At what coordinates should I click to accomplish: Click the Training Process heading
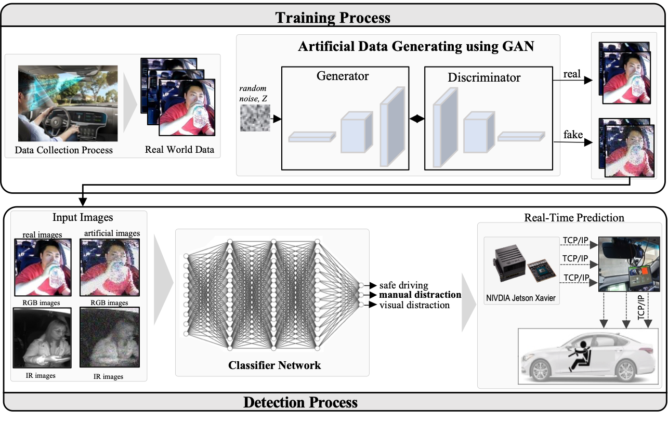point(333,17)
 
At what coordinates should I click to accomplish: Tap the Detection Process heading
point(300,402)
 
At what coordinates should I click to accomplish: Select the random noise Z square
point(255,117)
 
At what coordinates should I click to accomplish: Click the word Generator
point(343,76)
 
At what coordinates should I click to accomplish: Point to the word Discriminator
point(484,78)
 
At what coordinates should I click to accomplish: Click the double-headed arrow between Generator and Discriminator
point(417,119)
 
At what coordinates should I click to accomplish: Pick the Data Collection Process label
point(64,150)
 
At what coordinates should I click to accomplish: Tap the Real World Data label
point(179,150)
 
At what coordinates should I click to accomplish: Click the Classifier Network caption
point(274,365)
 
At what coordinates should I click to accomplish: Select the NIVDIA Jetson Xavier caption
point(521,298)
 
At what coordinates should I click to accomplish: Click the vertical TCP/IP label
point(641,307)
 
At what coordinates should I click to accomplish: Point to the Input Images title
point(83,217)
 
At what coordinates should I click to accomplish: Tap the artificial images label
point(112,233)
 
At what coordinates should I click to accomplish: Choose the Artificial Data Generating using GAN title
point(416,46)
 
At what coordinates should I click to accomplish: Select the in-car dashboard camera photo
point(626,264)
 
